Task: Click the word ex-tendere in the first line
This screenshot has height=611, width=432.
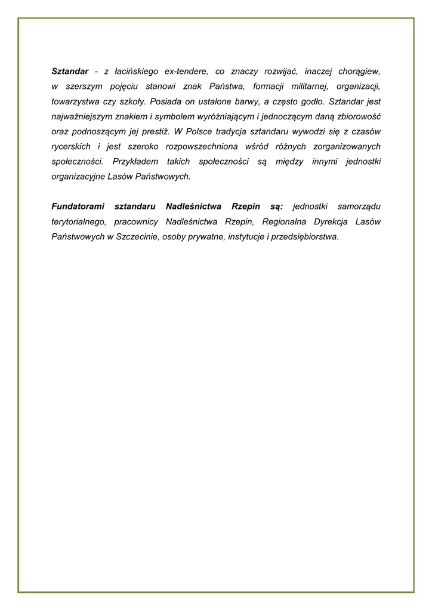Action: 188,71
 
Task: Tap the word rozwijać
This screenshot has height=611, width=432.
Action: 286,71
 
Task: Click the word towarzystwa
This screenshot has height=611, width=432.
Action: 75,101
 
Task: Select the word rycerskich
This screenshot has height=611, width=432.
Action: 71,146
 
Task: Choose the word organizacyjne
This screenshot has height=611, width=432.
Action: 79,177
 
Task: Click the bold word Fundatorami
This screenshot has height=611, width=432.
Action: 77,206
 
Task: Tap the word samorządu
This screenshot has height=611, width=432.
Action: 359,206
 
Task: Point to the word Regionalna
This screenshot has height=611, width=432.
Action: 283,221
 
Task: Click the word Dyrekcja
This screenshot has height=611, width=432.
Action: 332,221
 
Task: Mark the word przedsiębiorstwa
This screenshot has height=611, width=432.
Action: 303,237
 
